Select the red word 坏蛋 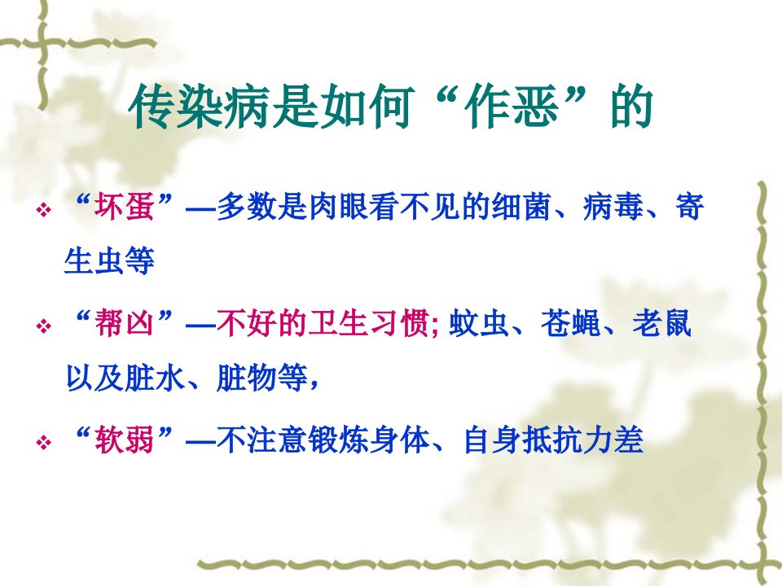(x=125, y=206)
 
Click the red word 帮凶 (x=125, y=323)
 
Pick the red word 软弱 (x=125, y=440)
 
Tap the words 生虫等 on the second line (x=110, y=260)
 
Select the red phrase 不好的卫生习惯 (x=323, y=323)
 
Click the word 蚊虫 (x=479, y=323)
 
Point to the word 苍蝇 (x=571, y=323)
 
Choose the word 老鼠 (x=662, y=323)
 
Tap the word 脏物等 (x=262, y=378)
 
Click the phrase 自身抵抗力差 (x=553, y=440)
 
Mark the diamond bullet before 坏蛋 (x=44, y=210)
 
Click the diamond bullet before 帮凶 (x=44, y=327)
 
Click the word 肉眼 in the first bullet (x=339, y=206)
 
